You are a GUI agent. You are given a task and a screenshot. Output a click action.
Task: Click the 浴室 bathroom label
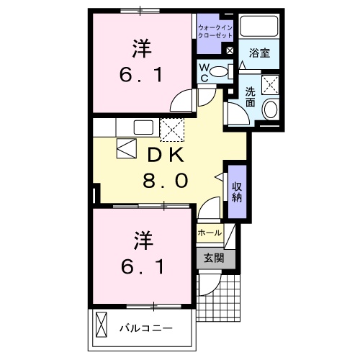(x=259, y=53)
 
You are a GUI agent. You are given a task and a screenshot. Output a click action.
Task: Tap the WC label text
(x=204, y=72)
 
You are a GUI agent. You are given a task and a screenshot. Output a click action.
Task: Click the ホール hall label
(x=210, y=233)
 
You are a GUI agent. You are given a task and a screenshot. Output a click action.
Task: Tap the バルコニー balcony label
(x=145, y=328)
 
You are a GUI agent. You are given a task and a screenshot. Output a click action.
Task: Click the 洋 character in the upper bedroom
(x=140, y=50)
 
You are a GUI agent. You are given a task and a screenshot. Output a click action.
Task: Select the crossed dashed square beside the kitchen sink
(x=172, y=130)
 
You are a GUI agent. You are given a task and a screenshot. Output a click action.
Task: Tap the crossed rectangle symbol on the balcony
(x=102, y=327)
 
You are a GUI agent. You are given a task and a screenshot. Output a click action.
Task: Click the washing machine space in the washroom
(x=271, y=85)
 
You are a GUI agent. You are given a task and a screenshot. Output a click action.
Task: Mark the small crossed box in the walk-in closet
(x=230, y=52)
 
